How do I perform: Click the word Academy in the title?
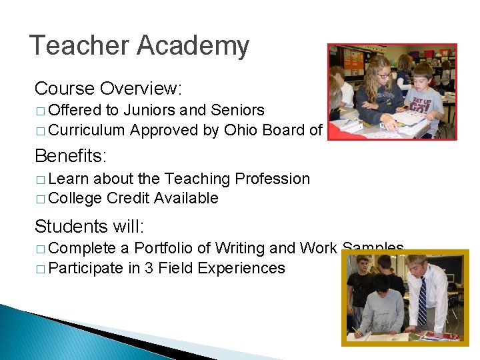193,46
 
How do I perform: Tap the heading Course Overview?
108,88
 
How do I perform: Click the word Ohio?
241,129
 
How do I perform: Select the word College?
75,198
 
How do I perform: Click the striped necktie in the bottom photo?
422,301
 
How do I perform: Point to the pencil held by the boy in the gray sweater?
361,329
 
